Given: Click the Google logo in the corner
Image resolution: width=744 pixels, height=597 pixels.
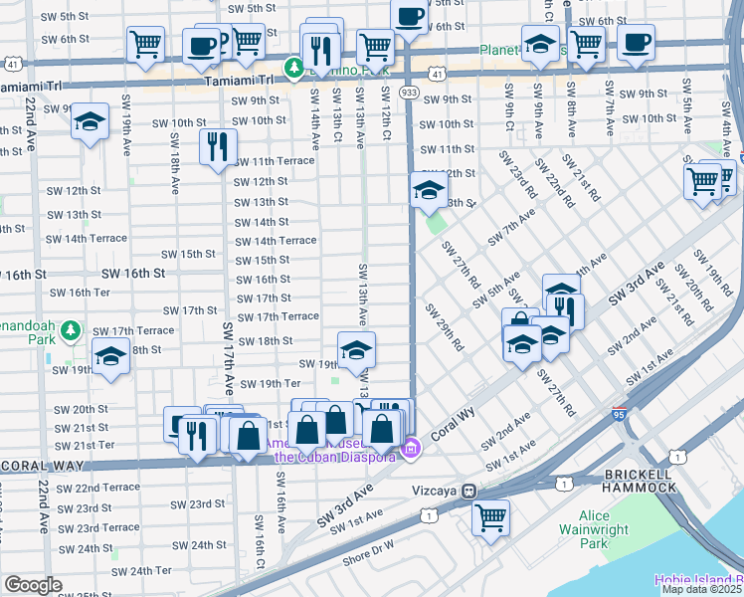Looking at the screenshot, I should point(33,585).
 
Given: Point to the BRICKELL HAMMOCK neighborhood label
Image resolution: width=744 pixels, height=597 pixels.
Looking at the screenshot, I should point(639,480).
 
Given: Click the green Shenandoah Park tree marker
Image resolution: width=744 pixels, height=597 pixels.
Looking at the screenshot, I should point(71,329).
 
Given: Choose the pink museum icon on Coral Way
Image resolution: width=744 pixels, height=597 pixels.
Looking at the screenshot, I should point(409,452).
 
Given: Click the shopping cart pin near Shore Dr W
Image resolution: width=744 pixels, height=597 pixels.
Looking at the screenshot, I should point(490,517).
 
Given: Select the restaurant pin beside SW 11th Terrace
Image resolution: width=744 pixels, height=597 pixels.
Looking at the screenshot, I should point(217,147).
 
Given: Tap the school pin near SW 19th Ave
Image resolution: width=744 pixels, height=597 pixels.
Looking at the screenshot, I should point(91,122).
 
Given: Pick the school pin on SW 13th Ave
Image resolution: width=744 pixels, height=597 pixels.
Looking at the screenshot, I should point(357,349).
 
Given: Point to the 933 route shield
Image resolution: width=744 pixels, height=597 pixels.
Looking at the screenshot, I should point(409,91).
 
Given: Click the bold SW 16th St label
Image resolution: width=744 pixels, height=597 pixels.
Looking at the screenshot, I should point(132,273).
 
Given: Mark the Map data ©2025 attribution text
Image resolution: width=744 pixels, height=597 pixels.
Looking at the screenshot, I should point(700,589).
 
